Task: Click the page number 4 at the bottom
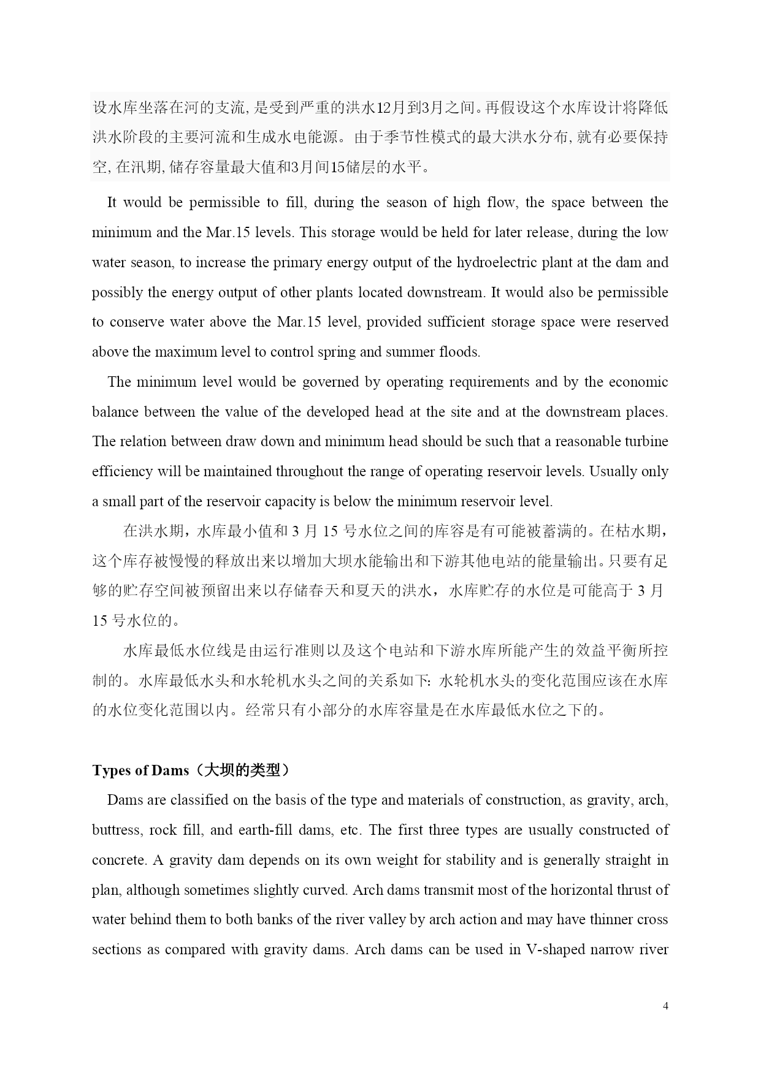tap(665, 1006)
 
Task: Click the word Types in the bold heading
tap(110, 770)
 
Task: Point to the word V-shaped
tap(556, 949)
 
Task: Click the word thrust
tap(638, 890)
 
